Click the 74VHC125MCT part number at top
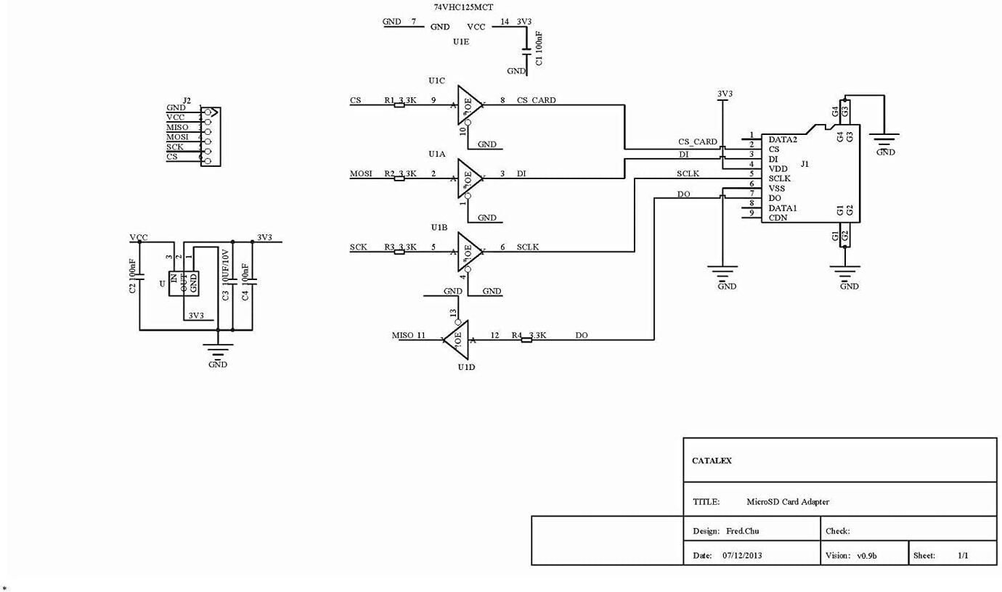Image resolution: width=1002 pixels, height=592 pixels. pyautogui.click(x=463, y=7)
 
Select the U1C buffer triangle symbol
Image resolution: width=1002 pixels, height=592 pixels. pyautogui.click(x=468, y=105)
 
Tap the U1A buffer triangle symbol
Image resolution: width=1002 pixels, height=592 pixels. pyautogui.click(x=468, y=178)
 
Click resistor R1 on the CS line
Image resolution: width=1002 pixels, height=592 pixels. pyautogui.click(x=399, y=105)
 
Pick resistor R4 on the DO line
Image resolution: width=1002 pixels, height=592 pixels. pyautogui.click(x=526, y=340)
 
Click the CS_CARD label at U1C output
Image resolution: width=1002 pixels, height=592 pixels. pyautogui.click(x=536, y=100)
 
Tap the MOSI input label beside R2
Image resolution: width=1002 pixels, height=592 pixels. pyautogui.click(x=361, y=173)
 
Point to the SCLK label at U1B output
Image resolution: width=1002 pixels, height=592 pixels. pyautogui.click(x=528, y=247)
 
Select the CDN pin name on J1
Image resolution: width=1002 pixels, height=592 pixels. pyautogui.click(x=778, y=218)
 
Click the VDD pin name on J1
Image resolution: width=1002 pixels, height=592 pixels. pyautogui.click(x=778, y=168)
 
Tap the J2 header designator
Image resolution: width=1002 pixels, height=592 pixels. pyautogui.click(x=187, y=100)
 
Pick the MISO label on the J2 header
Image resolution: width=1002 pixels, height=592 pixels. pyautogui.click(x=177, y=127)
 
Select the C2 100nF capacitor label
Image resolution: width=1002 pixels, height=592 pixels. pyautogui.click(x=133, y=276)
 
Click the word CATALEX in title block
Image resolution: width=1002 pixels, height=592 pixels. pyautogui.click(x=712, y=461)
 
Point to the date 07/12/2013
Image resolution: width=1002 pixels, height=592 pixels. pyautogui.click(x=742, y=556)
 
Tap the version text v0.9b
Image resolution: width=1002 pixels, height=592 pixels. pyautogui.click(x=866, y=556)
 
